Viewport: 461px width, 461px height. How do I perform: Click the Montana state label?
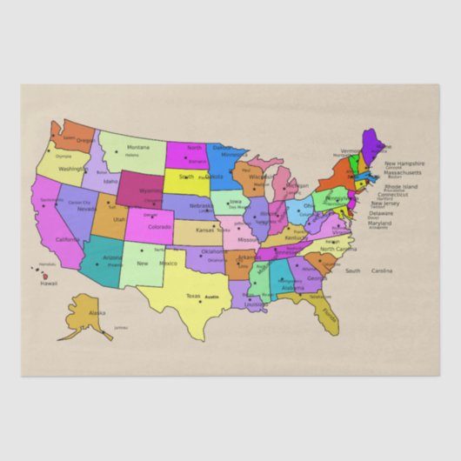click(138, 148)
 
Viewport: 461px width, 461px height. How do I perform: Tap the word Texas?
click(193, 296)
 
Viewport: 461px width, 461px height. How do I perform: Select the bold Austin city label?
click(212, 297)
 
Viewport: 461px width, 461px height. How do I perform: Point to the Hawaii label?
click(50, 283)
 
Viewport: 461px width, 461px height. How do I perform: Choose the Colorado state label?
click(160, 227)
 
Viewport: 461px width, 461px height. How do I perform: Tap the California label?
click(68, 240)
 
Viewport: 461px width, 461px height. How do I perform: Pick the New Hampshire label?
click(404, 164)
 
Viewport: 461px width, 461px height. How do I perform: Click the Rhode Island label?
click(401, 186)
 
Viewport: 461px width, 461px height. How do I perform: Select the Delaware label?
click(380, 213)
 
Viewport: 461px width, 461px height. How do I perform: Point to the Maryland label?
click(379, 223)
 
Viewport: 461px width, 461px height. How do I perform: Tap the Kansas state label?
click(204, 230)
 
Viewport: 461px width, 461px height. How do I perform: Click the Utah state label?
click(119, 220)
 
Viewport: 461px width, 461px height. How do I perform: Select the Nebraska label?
click(200, 206)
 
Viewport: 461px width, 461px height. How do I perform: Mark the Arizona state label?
click(112, 257)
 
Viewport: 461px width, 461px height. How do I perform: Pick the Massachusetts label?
click(404, 172)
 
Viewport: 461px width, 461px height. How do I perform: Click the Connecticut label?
click(392, 194)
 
